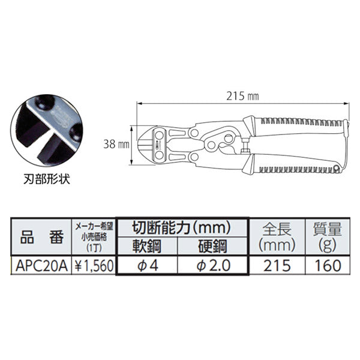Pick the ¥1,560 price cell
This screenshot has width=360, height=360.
pos(92,265)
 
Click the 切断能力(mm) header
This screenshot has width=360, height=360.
pos(181,227)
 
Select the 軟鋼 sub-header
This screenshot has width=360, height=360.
pos(146,245)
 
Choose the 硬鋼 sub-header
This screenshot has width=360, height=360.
pos(214,245)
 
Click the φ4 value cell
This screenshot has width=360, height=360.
pos(147,265)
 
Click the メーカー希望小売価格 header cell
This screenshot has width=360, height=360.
pos(92,236)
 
